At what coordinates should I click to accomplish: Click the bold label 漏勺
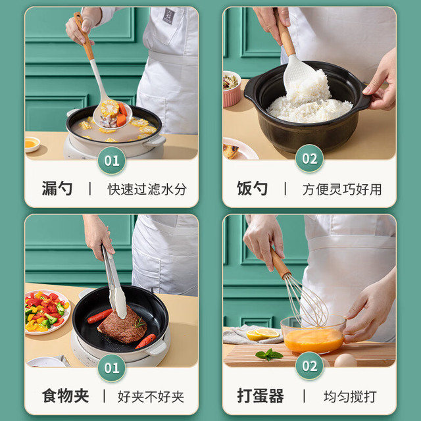[x=57, y=189]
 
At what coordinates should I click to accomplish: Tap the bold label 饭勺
[x=252, y=189]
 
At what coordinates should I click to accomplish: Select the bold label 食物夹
[x=66, y=396]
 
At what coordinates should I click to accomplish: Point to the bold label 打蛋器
[x=260, y=396]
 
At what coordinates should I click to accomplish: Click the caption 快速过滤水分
[x=147, y=189]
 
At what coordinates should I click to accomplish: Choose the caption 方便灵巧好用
[x=342, y=189]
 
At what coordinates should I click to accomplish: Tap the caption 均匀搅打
[x=350, y=397]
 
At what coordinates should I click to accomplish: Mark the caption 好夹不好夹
[x=151, y=397]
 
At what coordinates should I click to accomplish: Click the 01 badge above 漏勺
[x=112, y=161]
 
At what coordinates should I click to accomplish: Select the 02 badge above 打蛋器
[x=309, y=366]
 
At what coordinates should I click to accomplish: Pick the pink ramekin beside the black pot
[x=232, y=89]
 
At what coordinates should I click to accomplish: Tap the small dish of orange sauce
[x=32, y=144]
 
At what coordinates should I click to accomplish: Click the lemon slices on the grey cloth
[x=262, y=334]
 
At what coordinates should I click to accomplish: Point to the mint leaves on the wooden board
[x=269, y=355]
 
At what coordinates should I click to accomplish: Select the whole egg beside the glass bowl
[x=345, y=360]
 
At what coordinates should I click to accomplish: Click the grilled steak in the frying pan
[x=123, y=326]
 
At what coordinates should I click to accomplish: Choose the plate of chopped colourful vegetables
[x=47, y=312]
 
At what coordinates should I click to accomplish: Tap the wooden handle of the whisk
[x=280, y=264]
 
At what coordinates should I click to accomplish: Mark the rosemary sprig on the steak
[x=140, y=323]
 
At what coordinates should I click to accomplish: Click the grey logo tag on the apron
[x=168, y=16]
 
